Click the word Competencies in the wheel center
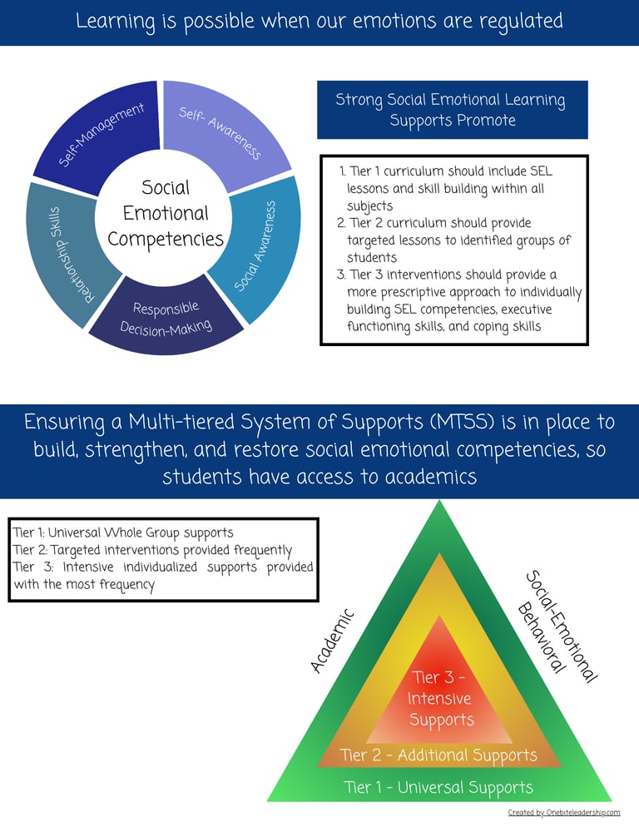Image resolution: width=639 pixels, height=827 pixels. click(166, 240)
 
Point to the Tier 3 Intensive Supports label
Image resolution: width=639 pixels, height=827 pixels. click(438, 698)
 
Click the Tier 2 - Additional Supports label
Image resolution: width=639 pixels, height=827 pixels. click(438, 755)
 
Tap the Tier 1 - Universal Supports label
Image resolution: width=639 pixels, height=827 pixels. click(438, 787)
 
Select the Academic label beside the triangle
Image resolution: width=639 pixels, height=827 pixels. click(332, 641)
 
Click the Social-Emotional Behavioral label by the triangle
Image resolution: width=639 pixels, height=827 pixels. click(557, 626)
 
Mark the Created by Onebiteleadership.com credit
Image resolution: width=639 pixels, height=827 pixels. click(564, 813)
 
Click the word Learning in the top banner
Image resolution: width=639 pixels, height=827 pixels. click(116, 22)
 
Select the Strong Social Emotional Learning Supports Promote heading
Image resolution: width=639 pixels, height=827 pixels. click(452, 110)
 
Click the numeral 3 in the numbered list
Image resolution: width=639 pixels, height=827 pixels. click(341, 275)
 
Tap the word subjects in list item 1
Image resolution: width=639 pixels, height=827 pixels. click(370, 206)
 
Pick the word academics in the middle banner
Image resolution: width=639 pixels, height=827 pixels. click(430, 477)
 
